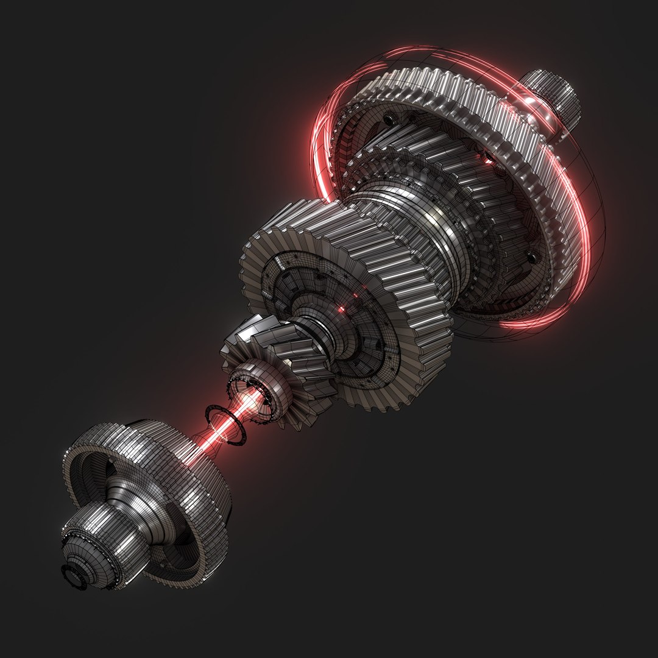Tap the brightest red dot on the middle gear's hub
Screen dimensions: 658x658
pos(341,310)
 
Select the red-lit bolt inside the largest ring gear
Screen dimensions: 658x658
pos(487,159)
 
